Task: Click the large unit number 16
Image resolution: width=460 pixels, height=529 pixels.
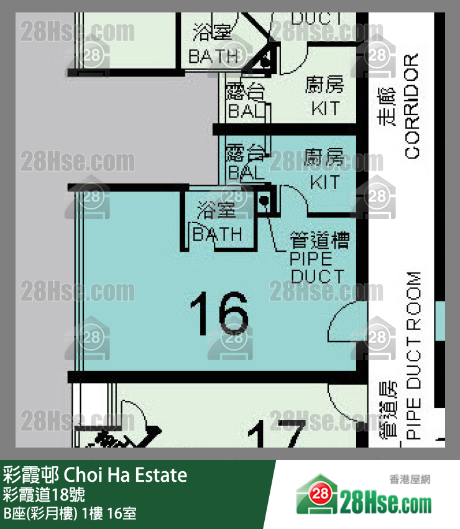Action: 219,313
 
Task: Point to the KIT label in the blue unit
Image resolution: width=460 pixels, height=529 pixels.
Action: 325,182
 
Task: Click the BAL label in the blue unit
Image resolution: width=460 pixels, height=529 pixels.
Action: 246,173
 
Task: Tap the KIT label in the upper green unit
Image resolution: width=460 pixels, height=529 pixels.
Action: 325,108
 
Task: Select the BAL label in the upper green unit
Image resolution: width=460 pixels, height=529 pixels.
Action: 246,111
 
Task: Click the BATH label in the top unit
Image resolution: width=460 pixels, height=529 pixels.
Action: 213,57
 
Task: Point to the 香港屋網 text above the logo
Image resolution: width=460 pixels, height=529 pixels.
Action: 410,479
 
